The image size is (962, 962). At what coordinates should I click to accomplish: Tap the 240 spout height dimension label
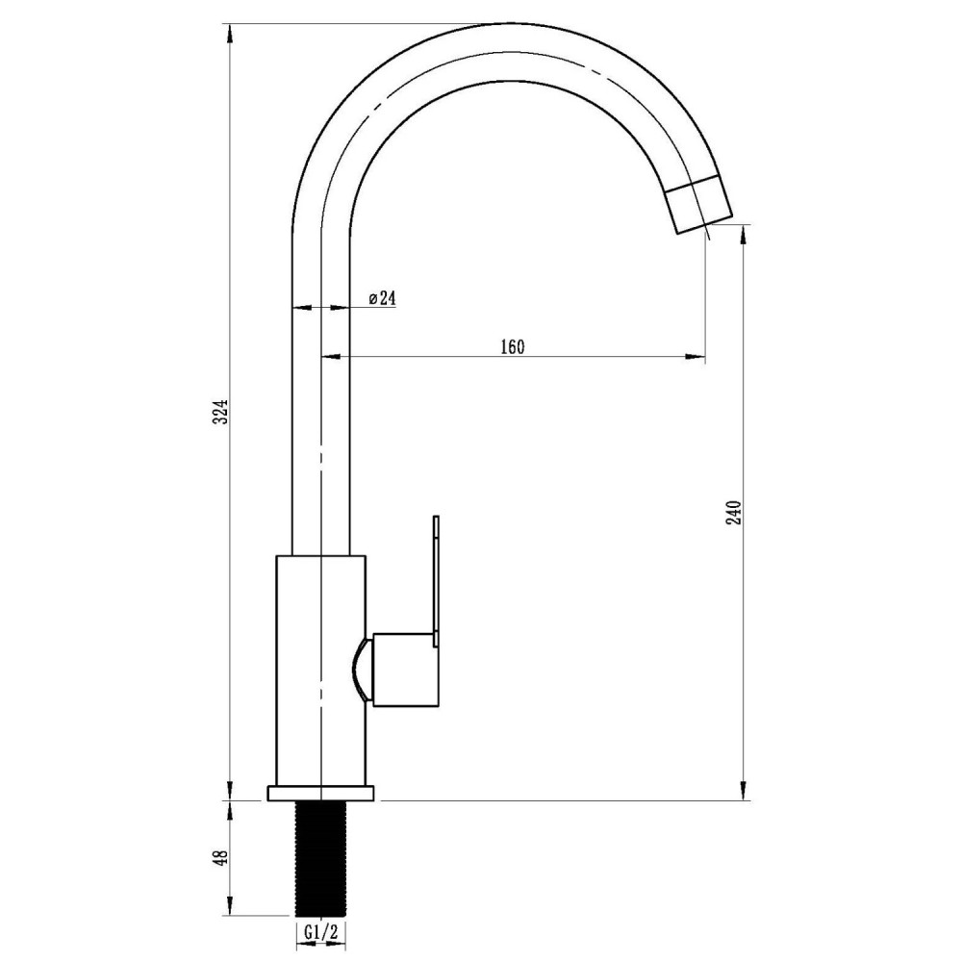[735, 513]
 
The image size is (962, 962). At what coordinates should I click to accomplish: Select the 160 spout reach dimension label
[513, 346]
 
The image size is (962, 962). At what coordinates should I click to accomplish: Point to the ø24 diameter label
[382, 298]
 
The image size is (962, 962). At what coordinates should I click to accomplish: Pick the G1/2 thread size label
[321, 932]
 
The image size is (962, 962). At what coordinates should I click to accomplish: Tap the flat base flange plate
[321, 793]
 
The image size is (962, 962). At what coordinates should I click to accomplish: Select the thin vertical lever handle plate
[436, 580]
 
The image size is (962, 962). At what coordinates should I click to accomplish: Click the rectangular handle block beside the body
[406, 669]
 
